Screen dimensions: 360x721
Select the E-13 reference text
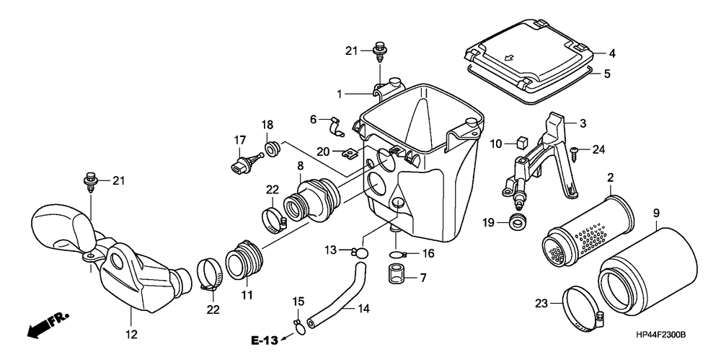(x=265, y=340)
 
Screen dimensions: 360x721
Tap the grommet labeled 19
(x=516, y=221)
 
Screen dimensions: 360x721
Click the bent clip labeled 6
(x=335, y=128)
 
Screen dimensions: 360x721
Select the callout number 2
(x=610, y=177)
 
